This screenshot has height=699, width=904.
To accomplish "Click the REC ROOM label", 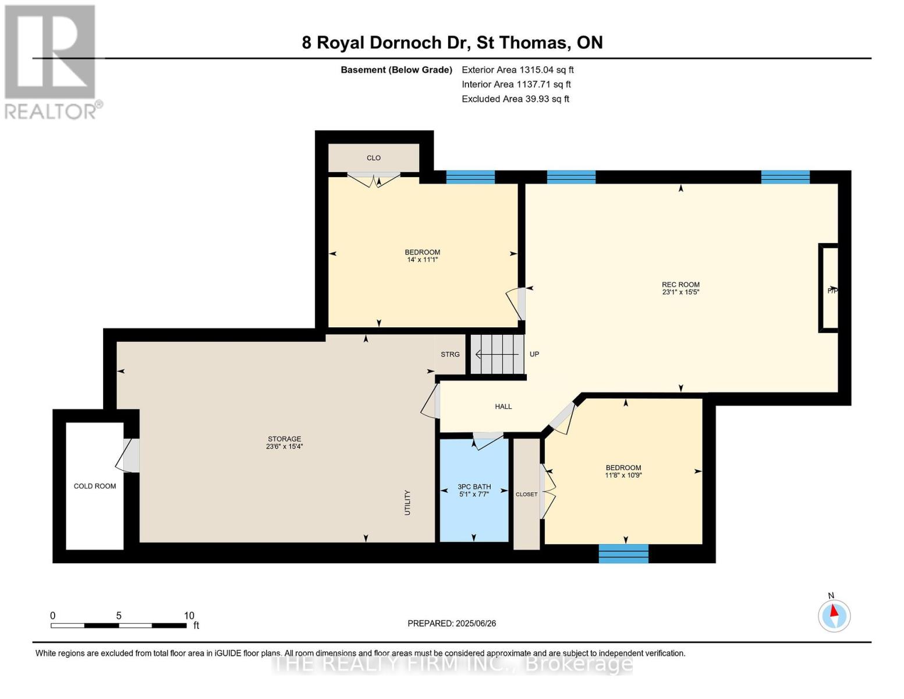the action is pyautogui.click(x=680, y=285).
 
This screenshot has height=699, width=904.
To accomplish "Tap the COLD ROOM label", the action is pyautogui.click(x=95, y=486).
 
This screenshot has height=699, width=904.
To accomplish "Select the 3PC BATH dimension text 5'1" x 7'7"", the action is pyautogui.click(x=474, y=494).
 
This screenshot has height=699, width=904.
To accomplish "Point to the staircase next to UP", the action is pyautogui.click(x=497, y=355).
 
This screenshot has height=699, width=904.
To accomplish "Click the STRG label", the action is pyautogui.click(x=450, y=354).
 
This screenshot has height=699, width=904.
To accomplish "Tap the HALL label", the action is pyautogui.click(x=504, y=407).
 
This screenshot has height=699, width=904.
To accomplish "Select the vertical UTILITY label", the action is pyautogui.click(x=407, y=503).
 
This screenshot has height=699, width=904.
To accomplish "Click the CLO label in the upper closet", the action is pyautogui.click(x=374, y=158).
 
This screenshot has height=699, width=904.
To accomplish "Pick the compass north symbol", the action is pyautogui.click(x=834, y=616).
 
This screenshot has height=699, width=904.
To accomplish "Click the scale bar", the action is pyautogui.click(x=119, y=625).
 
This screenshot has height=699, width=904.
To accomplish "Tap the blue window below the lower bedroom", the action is pyautogui.click(x=623, y=554).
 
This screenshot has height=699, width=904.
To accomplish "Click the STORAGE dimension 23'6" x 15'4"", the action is pyautogui.click(x=285, y=446).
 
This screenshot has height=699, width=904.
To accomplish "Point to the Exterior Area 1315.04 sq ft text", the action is pyautogui.click(x=517, y=70).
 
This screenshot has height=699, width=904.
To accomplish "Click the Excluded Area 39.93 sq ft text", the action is pyautogui.click(x=515, y=99).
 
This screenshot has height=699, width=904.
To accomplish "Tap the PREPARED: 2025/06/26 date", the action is pyautogui.click(x=452, y=623).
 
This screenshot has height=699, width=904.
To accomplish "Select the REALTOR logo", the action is pyautogui.click(x=52, y=62).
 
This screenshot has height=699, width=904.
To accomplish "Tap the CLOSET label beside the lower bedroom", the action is pyautogui.click(x=526, y=494).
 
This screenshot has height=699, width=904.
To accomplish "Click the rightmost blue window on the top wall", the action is pyautogui.click(x=785, y=177).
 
